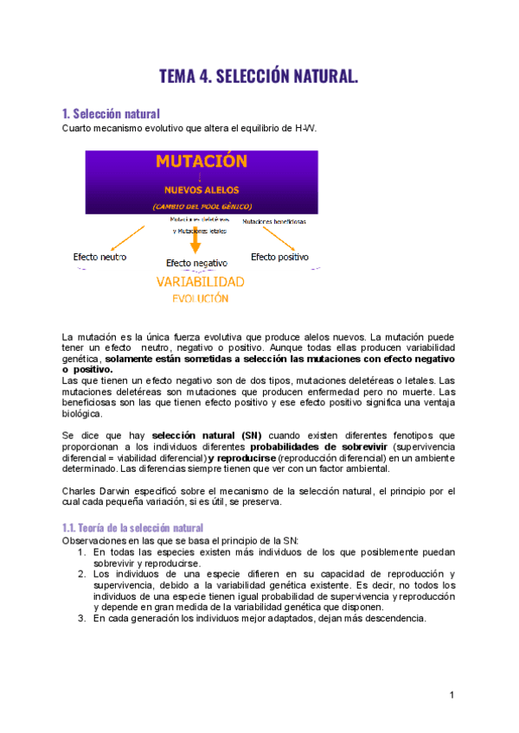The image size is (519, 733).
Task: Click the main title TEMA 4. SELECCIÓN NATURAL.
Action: (258, 77)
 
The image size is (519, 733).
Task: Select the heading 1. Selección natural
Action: (111, 113)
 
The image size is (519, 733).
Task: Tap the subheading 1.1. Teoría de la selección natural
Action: (132, 527)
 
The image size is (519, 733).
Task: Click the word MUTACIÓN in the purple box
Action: (202, 162)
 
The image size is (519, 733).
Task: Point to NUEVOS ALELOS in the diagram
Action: (201, 190)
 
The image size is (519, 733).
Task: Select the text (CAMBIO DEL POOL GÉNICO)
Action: (201, 207)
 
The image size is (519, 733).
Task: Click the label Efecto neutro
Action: (99, 257)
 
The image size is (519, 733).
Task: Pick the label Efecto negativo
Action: (196, 262)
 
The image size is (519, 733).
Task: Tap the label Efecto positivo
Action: (279, 257)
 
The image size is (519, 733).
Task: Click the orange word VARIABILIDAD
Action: (200, 282)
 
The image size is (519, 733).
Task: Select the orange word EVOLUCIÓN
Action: (200, 299)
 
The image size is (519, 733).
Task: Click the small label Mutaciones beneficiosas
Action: (273, 221)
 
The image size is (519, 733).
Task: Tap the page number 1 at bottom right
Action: (452, 695)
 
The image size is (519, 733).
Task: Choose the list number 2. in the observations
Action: (81, 574)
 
